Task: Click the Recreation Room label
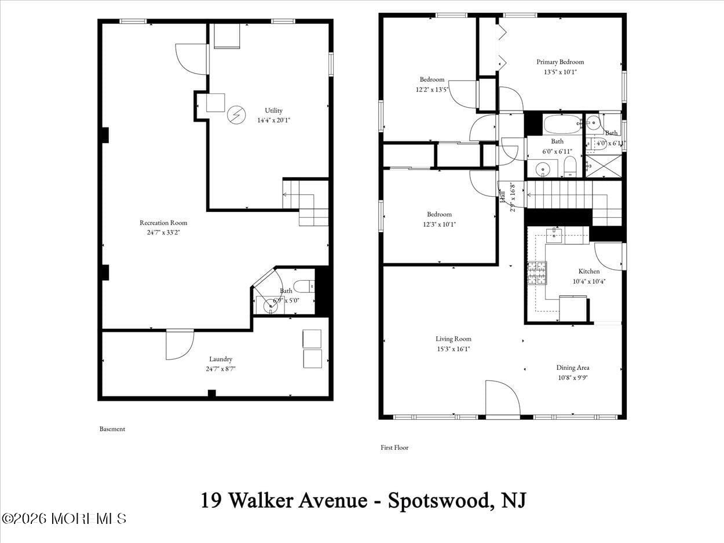(x=163, y=223)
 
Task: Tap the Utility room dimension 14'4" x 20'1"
(x=273, y=121)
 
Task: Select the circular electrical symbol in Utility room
(x=236, y=115)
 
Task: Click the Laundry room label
(x=221, y=359)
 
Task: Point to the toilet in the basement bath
(x=304, y=286)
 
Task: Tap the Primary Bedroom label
(x=560, y=62)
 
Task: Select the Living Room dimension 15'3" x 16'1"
(x=454, y=349)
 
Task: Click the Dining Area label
(x=572, y=368)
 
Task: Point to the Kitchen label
(x=589, y=271)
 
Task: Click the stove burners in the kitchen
(x=536, y=273)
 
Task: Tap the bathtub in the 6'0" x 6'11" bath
(x=562, y=124)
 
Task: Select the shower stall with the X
(x=603, y=166)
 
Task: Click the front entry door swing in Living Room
(x=502, y=398)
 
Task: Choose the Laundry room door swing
(x=179, y=345)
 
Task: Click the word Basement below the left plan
(x=112, y=429)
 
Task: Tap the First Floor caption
(x=394, y=447)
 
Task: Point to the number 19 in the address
(x=211, y=500)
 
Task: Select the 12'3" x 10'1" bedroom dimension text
(x=440, y=225)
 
